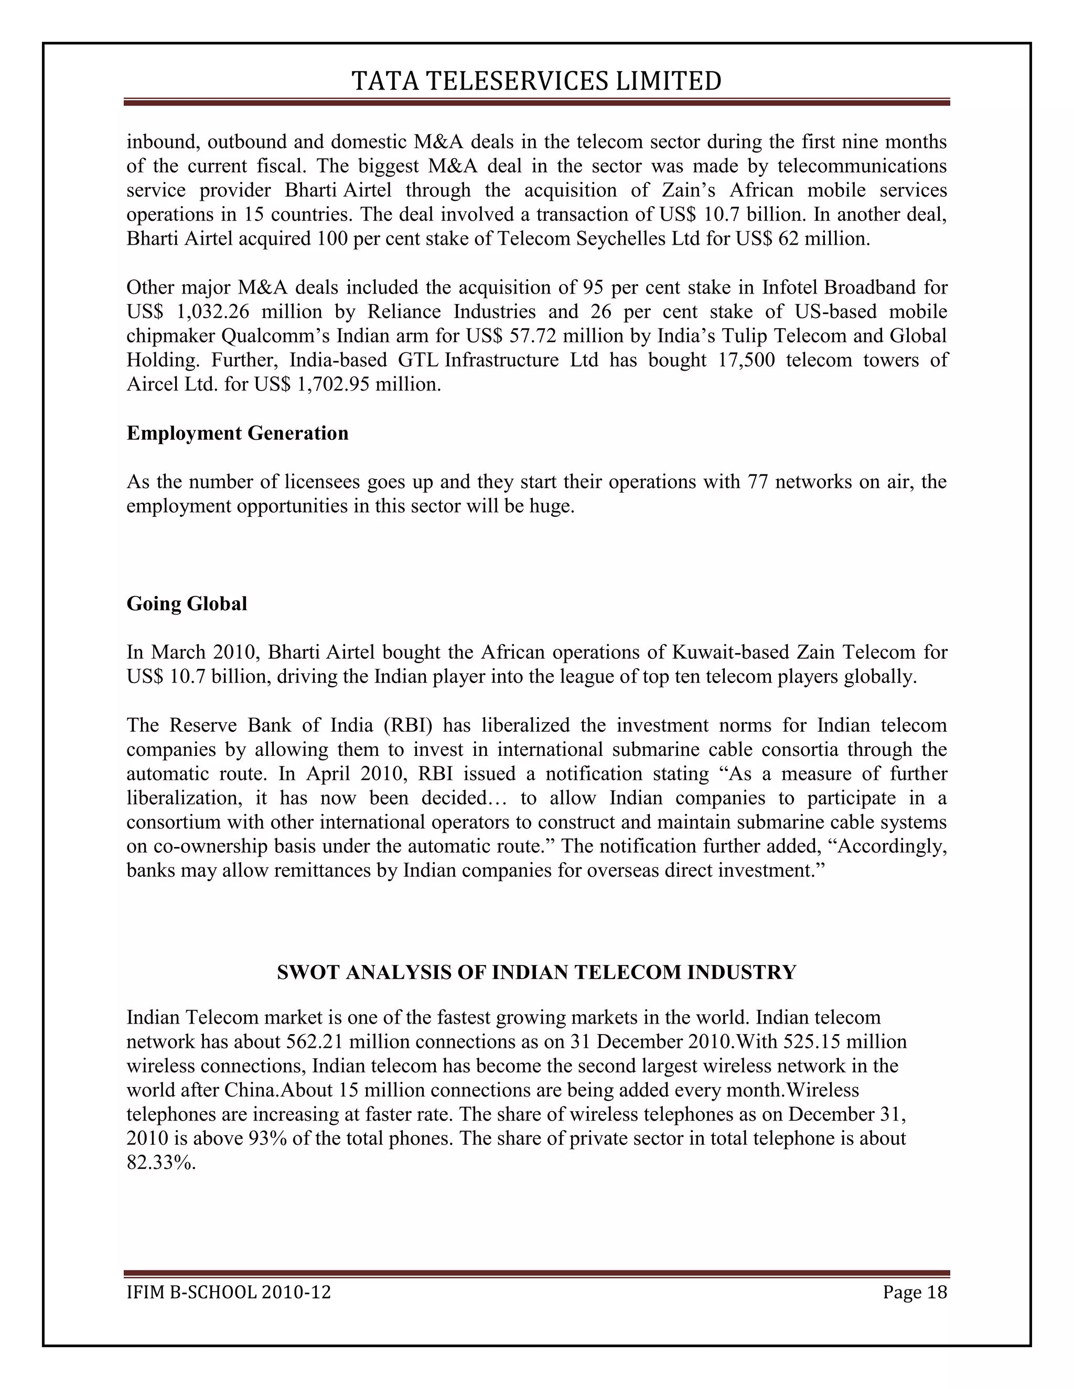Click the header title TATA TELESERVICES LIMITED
coord(536,81)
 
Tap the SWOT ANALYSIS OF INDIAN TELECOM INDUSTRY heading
coord(536,972)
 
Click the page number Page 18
coord(914,1293)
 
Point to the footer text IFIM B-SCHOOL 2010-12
coord(229,1293)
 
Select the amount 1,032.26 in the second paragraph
coord(212,312)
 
